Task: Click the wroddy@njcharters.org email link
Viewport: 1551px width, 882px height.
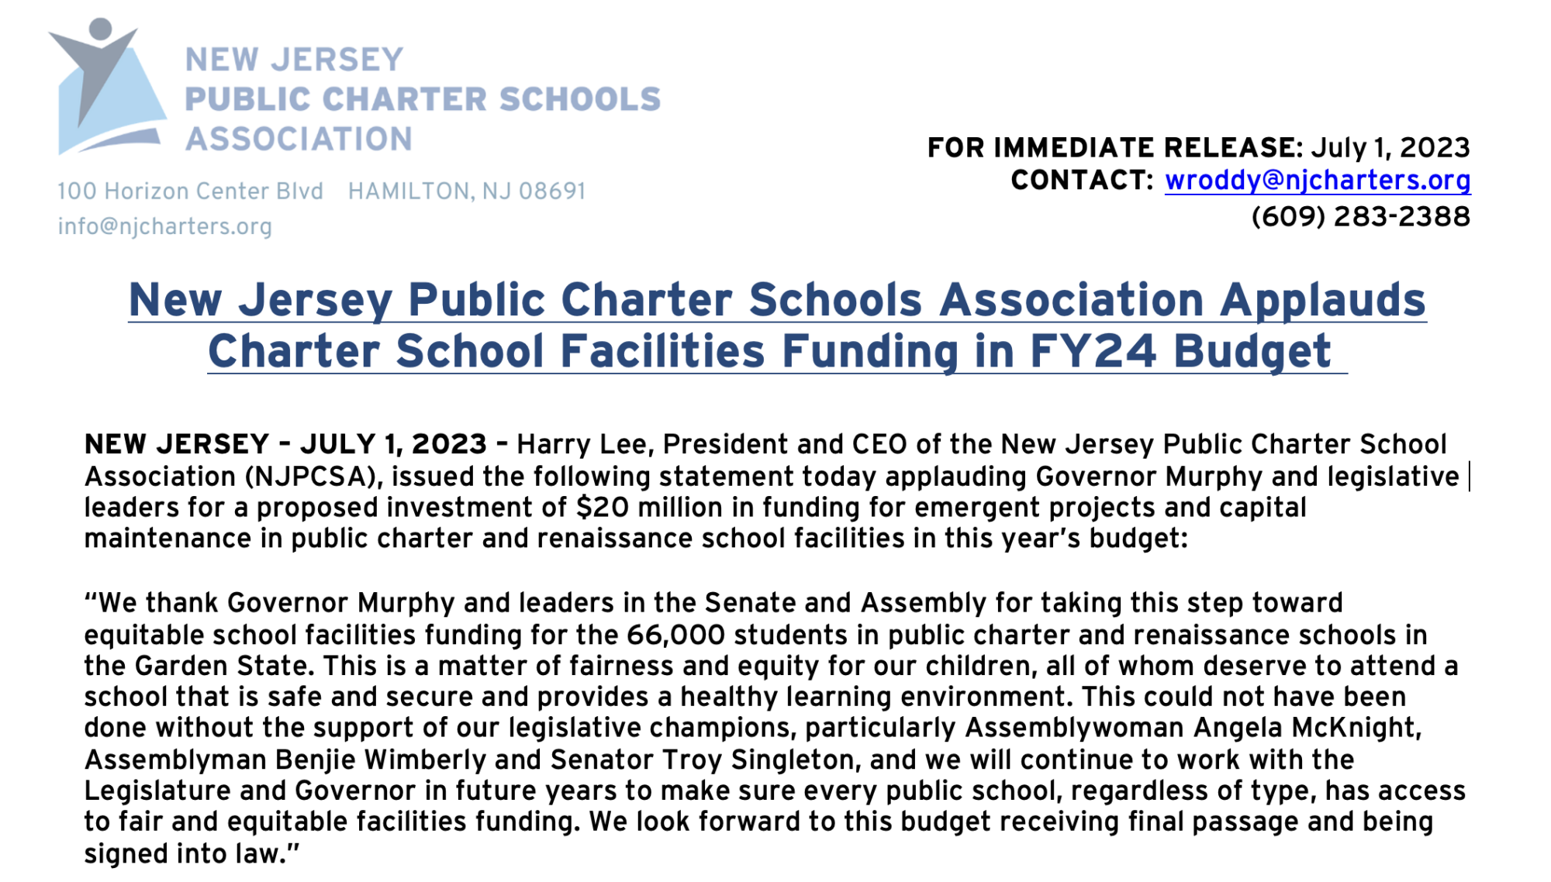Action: (x=1318, y=181)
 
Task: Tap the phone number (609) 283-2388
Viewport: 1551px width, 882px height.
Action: (x=1360, y=217)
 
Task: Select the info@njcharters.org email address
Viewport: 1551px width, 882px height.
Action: (x=164, y=226)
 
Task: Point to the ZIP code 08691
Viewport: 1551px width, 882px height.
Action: (x=551, y=191)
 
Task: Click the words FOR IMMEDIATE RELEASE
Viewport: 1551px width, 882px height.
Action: (x=1114, y=147)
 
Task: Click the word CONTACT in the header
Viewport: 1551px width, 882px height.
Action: (x=1081, y=181)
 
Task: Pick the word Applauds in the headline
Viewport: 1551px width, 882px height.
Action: (x=1322, y=301)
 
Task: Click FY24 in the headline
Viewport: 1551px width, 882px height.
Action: (x=1093, y=352)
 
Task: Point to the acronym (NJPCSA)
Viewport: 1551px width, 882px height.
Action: (x=313, y=477)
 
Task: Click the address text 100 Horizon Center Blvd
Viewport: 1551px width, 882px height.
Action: (x=190, y=191)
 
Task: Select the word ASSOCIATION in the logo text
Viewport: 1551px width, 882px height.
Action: (x=299, y=140)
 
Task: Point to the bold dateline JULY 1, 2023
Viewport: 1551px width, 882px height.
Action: (x=393, y=445)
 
